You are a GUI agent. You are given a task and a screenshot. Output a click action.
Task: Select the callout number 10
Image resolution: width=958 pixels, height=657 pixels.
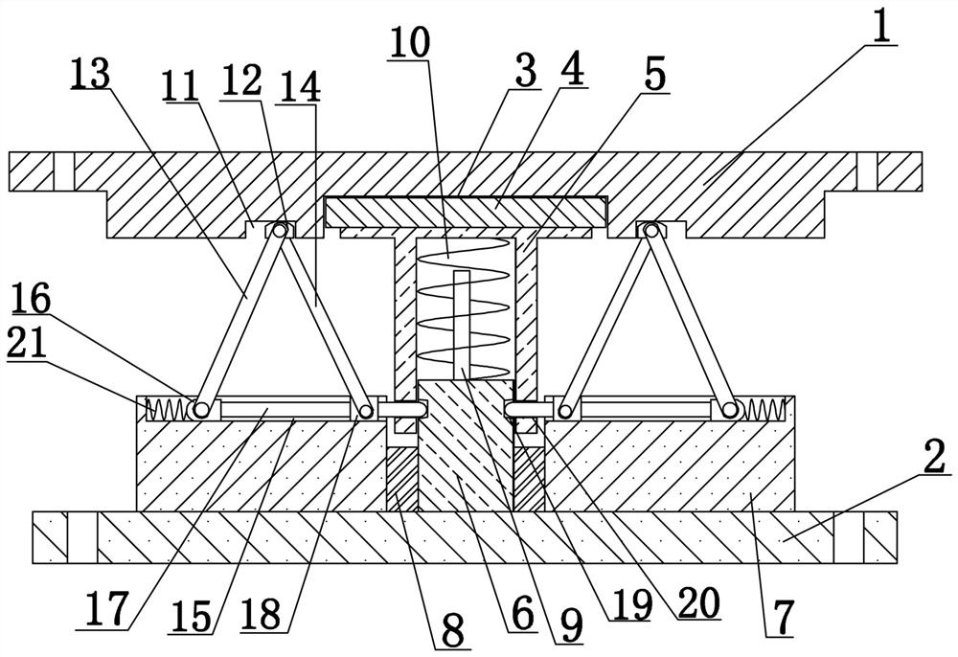[410, 43]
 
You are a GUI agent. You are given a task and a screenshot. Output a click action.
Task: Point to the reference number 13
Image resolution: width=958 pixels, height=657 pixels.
[90, 75]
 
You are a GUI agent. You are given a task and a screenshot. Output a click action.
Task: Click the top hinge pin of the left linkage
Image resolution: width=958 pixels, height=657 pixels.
[282, 230]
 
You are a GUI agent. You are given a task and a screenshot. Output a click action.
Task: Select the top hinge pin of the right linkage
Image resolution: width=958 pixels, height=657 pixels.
[652, 230]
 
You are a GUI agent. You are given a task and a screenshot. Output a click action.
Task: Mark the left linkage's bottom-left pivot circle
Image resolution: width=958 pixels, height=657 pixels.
[199, 410]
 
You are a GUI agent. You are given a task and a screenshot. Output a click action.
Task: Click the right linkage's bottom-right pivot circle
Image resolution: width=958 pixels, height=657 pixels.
[732, 410]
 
